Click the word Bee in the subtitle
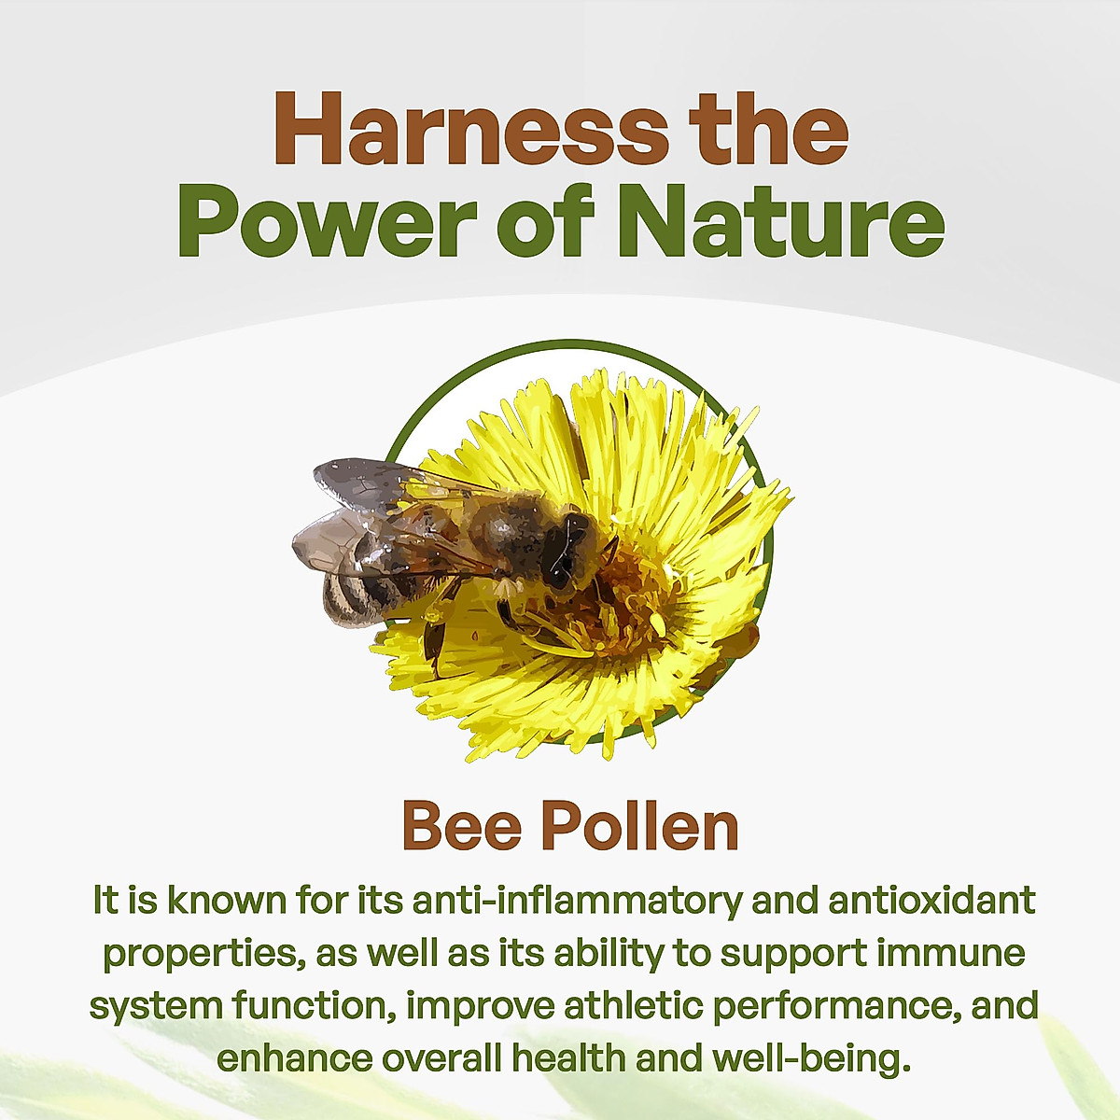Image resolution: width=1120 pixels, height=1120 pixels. (461, 825)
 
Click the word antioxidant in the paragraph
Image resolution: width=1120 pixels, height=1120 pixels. (932, 901)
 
